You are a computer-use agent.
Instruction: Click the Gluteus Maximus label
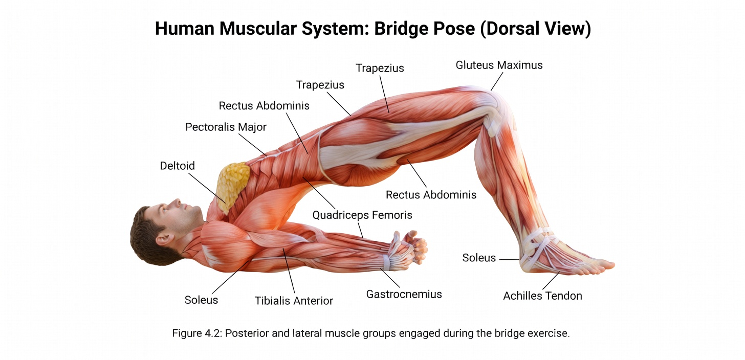[499, 65]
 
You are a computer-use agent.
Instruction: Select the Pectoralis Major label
[226, 127]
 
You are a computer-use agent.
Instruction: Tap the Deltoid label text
[177, 166]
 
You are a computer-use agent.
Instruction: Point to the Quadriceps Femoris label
[362, 215]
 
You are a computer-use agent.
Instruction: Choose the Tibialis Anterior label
[294, 301]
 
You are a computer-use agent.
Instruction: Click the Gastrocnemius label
[404, 294]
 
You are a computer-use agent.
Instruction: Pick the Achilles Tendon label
[542, 296]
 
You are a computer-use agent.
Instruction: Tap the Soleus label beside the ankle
[479, 258]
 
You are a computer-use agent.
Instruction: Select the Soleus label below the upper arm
[201, 300]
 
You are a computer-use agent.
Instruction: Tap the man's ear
[163, 238]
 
